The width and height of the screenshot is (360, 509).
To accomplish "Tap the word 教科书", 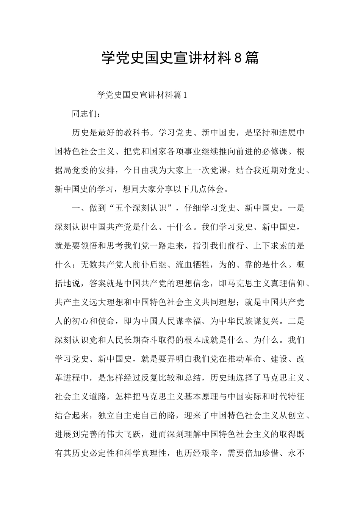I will click(x=137, y=133).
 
